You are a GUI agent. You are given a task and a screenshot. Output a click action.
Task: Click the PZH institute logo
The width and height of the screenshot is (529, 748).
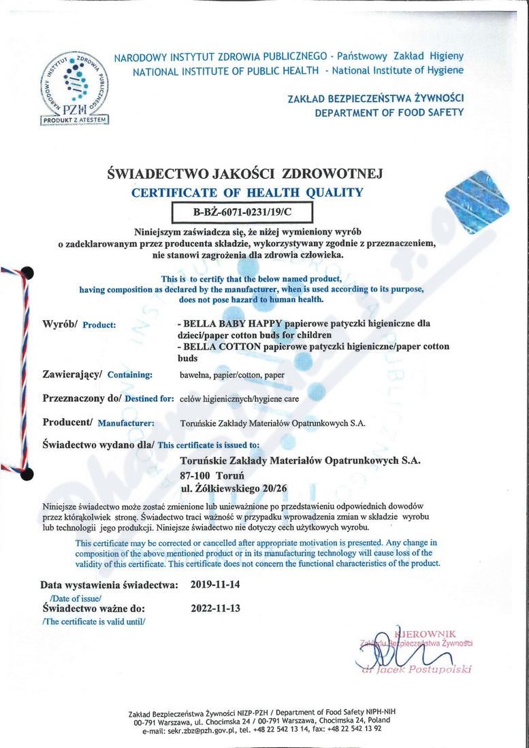[76, 82]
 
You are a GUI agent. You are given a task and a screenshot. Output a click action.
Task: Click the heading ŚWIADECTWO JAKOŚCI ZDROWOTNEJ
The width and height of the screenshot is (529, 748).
[246, 174]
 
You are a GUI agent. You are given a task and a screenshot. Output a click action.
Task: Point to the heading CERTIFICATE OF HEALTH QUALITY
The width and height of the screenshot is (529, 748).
[246, 192]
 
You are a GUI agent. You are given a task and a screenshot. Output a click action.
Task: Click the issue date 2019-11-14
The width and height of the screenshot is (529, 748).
[216, 584]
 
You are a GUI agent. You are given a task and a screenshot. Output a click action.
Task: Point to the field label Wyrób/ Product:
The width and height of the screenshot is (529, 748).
[79, 323]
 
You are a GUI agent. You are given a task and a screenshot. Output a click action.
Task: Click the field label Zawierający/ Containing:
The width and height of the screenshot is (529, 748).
[97, 373]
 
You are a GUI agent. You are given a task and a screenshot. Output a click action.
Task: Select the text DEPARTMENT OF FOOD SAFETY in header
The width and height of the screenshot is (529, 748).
[389, 113]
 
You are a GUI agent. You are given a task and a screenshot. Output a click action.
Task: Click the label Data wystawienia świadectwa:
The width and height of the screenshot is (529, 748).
[110, 584]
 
